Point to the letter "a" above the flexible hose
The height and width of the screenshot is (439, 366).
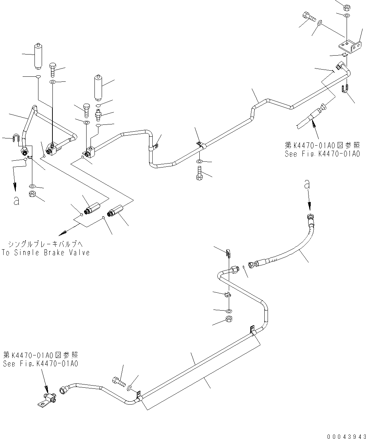click(x=307, y=184)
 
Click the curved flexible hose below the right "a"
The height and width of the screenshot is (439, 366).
click(x=287, y=251)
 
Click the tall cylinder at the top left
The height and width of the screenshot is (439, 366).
click(x=38, y=56)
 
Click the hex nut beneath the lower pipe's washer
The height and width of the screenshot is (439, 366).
click(x=228, y=319)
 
